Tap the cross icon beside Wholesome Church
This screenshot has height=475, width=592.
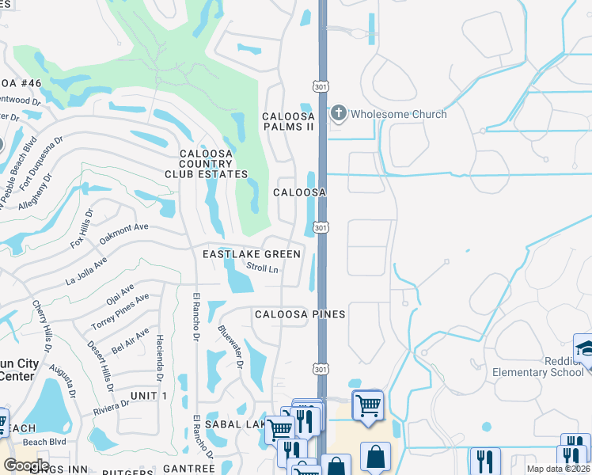(x=339, y=113)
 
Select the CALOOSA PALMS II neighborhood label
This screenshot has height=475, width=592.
(x=289, y=121)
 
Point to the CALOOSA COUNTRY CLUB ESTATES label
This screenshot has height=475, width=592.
(x=206, y=164)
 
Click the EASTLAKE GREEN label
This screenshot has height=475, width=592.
(x=252, y=254)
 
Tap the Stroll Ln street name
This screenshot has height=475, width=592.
(x=263, y=269)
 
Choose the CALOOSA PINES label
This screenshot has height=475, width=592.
(x=300, y=314)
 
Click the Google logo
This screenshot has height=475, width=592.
(x=25, y=465)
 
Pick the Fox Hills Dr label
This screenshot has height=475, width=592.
(x=82, y=229)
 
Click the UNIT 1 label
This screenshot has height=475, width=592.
(x=148, y=395)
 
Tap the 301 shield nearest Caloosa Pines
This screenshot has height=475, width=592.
(x=320, y=369)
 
